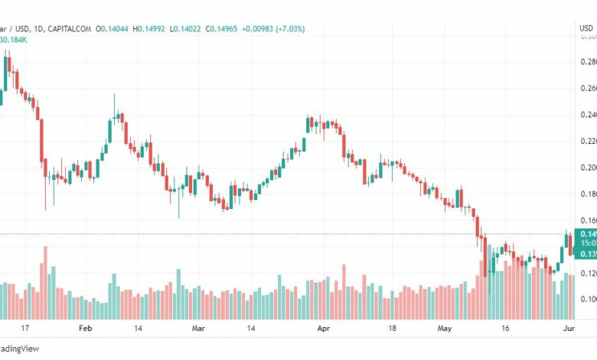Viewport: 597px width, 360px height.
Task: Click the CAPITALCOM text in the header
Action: (x=70, y=29)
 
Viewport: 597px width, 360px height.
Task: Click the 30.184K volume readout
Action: (x=16, y=40)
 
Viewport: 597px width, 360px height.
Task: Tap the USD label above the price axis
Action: (x=586, y=29)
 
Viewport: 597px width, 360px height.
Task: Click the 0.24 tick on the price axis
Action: (x=588, y=115)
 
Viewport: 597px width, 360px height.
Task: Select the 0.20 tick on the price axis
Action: (x=588, y=168)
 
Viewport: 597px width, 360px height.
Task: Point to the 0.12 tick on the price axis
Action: (x=588, y=273)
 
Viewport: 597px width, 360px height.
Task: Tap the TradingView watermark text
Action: (x=21, y=349)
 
